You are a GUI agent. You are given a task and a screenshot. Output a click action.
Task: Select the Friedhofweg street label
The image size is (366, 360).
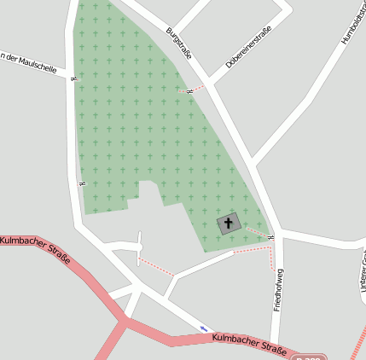(x=278, y=290)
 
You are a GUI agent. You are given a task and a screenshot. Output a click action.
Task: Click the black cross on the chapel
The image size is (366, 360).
(x=228, y=224)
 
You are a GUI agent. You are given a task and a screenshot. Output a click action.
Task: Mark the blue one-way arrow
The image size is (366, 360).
(x=203, y=328)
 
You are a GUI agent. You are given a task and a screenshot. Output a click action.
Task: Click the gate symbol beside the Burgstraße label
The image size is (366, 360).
(x=189, y=90)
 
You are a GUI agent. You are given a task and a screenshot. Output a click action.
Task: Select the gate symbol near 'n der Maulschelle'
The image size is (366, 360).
(x=74, y=79)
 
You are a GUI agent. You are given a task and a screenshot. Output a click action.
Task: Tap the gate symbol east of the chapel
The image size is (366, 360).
(x=270, y=237)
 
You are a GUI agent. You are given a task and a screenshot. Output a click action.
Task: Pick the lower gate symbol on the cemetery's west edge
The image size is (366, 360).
(x=82, y=183)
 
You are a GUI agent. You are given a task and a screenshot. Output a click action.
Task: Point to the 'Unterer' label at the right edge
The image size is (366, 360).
(x=363, y=277)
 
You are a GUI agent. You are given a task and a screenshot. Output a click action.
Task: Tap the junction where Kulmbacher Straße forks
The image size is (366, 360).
(x=126, y=322)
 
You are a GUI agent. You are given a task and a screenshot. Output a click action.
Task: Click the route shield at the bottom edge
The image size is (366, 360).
(x=309, y=357)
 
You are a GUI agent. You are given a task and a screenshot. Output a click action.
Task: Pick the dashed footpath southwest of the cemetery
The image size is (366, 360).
(x=157, y=267)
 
